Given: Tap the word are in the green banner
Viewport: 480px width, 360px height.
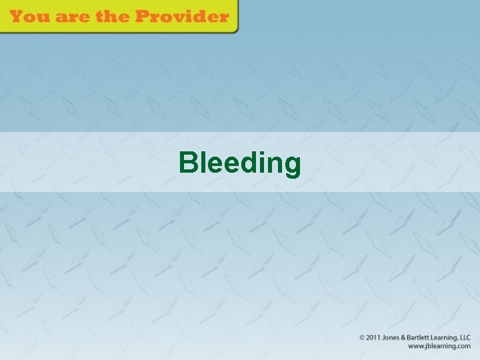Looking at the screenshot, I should pyautogui.click(x=71, y=17).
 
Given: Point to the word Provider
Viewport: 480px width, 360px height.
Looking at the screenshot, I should pyautogui.click(x=183, y=17).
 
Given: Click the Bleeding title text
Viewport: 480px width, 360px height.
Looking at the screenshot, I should pyautogui.click(x=240, y=162).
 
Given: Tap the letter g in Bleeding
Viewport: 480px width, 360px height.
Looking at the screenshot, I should pyautogui.click(x=292, y=165).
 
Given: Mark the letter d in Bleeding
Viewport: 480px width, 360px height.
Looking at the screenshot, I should pyautogui.click(x=246, y=162).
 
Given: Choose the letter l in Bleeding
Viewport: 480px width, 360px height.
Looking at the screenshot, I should pyautogui.click(x=201, y=162).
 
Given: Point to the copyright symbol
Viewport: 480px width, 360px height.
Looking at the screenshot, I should pyautogui.click(x=363, y=338).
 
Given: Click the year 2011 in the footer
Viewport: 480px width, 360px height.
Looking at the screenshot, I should pyautogui.click(x=374, y=338).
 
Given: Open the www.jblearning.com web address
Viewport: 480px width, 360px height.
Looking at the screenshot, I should pyautogui.click(x=439, y=347).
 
